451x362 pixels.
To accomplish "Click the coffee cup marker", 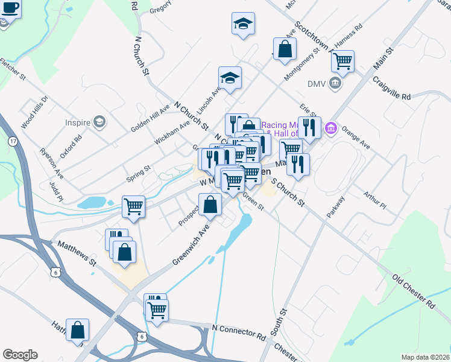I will click(x=10, y=9).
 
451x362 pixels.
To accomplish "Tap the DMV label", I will click(x=317, y=83).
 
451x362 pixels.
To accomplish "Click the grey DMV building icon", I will click(x=336, y=83).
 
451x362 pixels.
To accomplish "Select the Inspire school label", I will click(x=77, y=122).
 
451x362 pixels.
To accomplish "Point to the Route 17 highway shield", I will click(x=13, y=141).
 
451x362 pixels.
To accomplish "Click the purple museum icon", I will click(x=330, y=129).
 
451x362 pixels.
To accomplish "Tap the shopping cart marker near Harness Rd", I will click(x=342, y=61).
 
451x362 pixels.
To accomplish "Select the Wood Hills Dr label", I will click(x=33, y=112).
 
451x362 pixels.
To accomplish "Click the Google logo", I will click(x=20, y=355).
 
